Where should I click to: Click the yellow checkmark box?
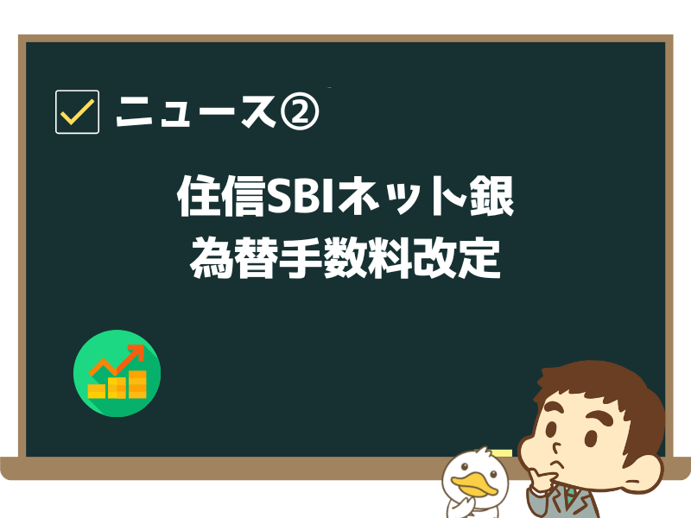[x=77, y=111]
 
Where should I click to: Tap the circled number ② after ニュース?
[x=298, y=111]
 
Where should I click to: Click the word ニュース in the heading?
[x=193, y=112]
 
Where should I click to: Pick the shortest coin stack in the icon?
[x=96, y=391]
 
